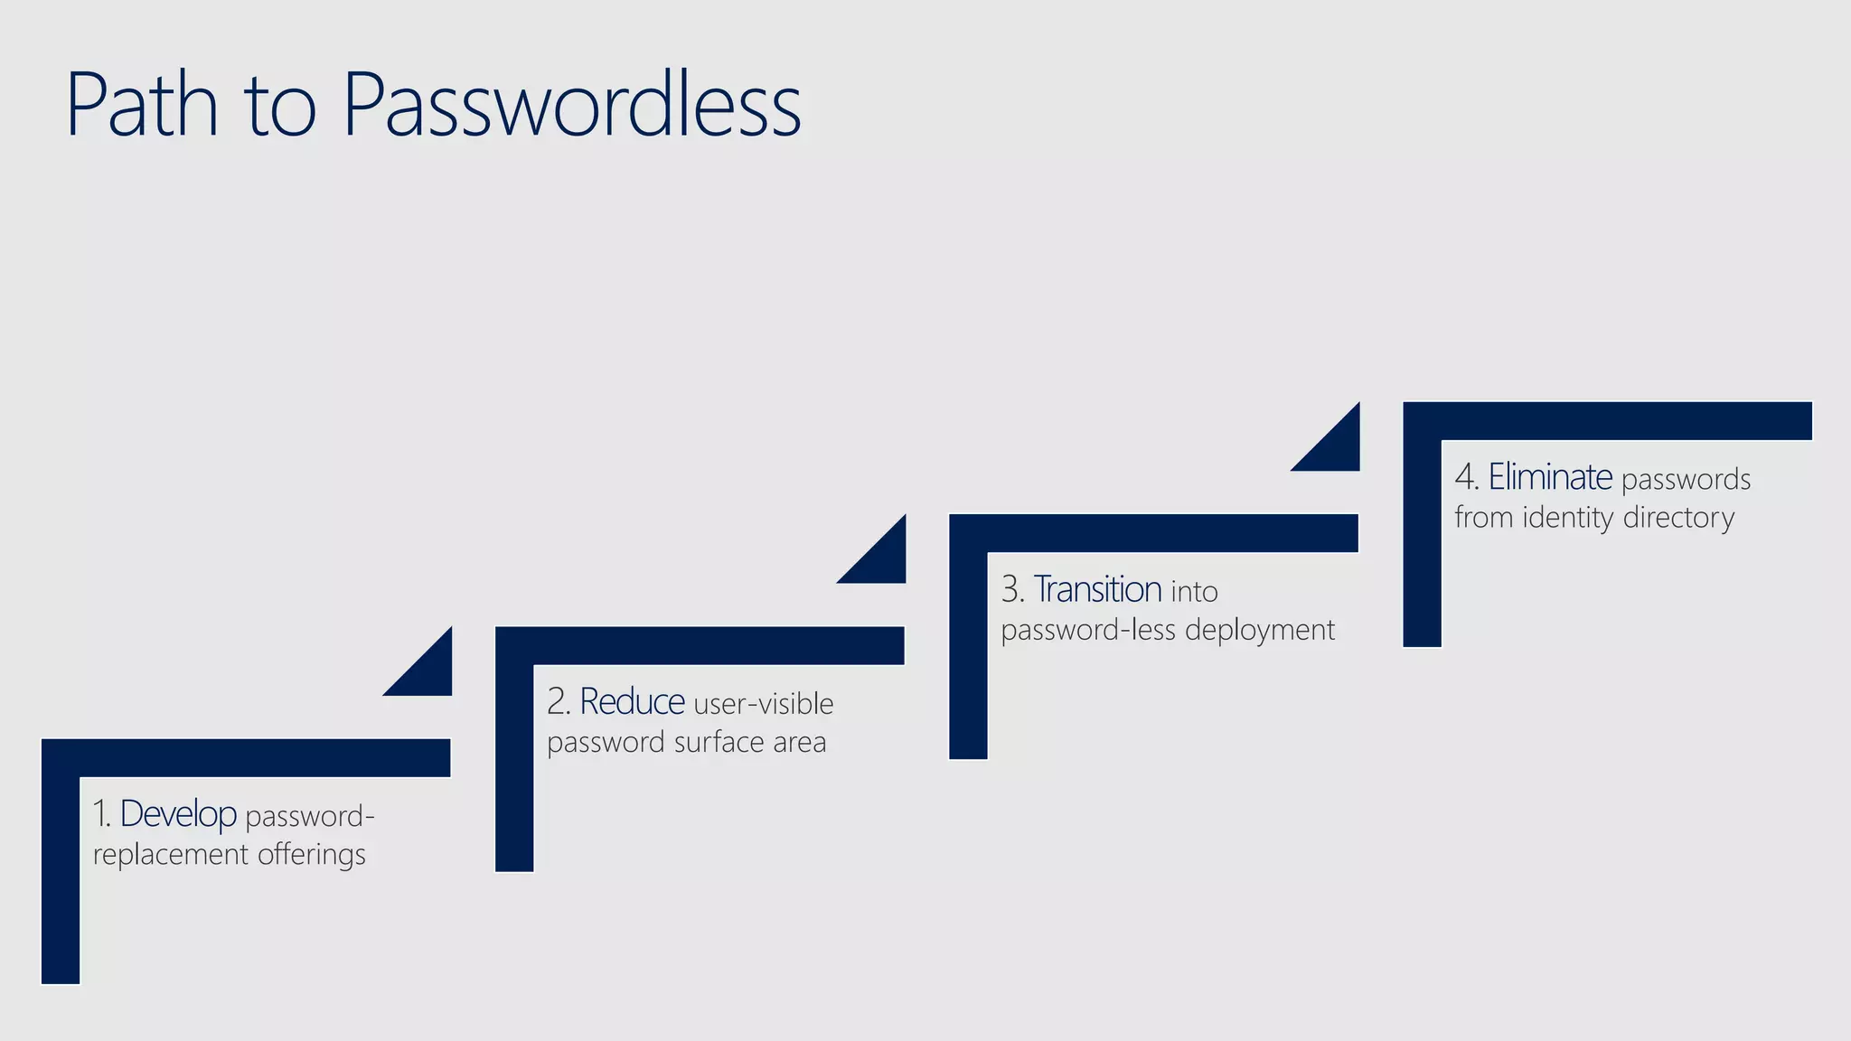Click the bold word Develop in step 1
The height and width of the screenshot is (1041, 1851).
point(178,814)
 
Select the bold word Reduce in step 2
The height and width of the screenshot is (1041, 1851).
point(632,702)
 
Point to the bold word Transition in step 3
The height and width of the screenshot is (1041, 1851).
point(1097,590)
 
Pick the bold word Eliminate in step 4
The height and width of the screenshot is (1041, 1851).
point(1550,477)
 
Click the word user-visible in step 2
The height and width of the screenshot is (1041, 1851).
point(764,704)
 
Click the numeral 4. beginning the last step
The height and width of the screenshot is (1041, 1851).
point(1466,478)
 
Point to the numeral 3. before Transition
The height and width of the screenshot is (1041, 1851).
point(1012,590)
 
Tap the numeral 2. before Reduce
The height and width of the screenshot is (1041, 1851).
point(559,702)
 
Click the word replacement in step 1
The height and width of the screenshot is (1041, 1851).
point(170,855)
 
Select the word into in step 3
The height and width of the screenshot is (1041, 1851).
point(1194,592)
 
